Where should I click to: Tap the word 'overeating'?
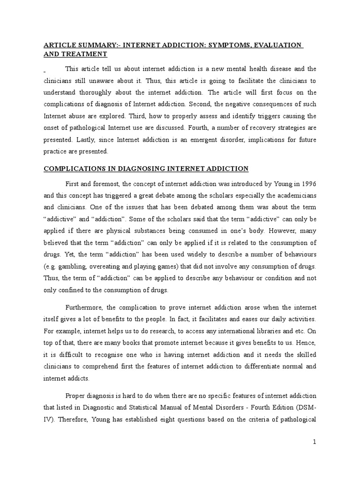pos(103,266)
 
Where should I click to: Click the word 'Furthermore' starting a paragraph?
pos(86,307)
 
